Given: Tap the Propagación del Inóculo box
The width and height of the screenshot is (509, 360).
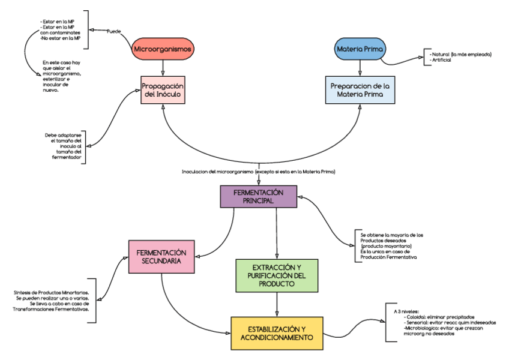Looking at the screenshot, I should (163, 90).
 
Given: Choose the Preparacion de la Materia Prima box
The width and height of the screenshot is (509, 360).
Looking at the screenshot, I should (360, 90).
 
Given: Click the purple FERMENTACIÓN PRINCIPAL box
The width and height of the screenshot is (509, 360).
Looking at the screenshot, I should (258, 196).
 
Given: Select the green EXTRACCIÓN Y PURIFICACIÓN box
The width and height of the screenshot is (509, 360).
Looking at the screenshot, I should (277, 275).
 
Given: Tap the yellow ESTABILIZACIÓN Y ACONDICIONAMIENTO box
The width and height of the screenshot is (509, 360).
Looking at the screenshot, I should (277, 333).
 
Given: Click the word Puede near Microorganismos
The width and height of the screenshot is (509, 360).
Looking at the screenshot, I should (113, 31).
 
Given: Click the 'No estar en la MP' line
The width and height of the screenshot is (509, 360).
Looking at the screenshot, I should (61, 38).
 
